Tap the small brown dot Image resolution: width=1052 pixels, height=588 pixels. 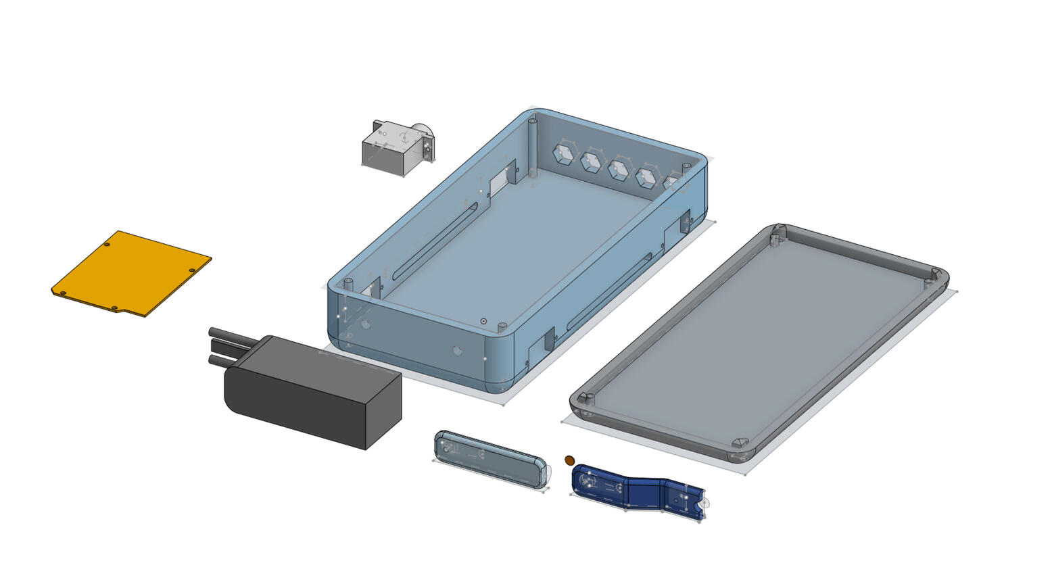coord(569,460)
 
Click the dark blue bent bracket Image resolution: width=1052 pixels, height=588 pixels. coord(636,491)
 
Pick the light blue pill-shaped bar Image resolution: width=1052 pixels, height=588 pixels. coord(489,458)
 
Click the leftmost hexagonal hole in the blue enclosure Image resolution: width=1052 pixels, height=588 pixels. coord(563,155)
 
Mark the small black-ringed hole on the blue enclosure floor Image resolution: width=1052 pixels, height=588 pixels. coord(483,321)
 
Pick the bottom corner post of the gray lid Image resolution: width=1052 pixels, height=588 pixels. coord(740,443)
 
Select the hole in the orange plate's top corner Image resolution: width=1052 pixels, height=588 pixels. coord(107,245)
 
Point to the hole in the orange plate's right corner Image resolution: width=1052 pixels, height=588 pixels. coord(192,270)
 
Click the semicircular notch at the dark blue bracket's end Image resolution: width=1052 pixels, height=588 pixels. coord(703,504)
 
